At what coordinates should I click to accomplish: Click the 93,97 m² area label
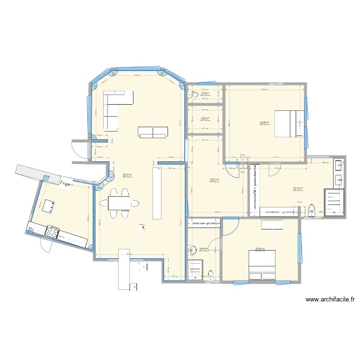127,175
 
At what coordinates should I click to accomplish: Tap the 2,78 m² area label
205,93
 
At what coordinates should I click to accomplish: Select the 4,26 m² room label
205,118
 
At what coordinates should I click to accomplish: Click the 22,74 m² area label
298,188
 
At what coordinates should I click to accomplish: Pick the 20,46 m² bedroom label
260,249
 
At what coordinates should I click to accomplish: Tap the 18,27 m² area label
214,180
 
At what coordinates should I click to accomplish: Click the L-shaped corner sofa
113,107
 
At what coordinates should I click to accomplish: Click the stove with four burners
52,232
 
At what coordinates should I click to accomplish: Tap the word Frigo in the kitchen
65,183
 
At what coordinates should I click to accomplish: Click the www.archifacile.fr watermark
330,300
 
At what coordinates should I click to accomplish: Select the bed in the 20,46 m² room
262,264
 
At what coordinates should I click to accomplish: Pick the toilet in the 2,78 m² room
191,95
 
